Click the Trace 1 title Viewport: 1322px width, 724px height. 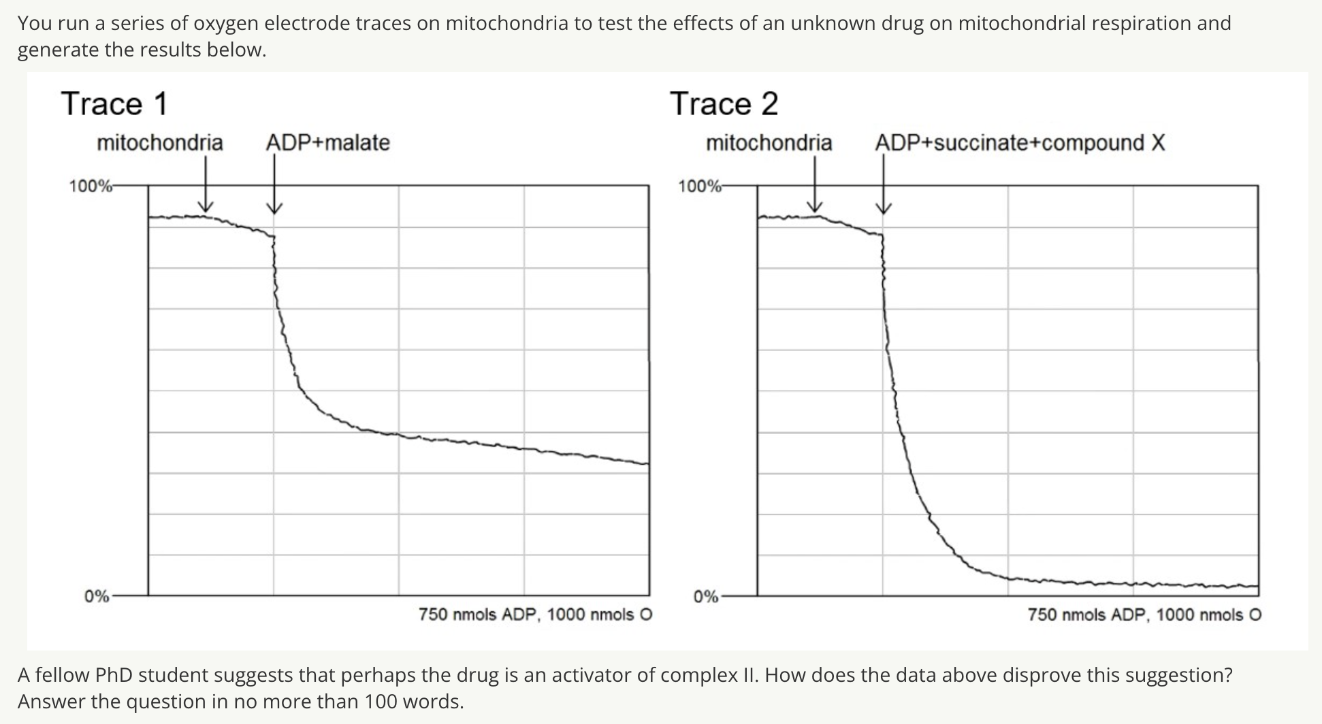[x=114, y=104]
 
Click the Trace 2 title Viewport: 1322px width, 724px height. [x=724, y=104]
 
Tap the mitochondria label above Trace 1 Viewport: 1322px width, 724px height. [x=159, y=143]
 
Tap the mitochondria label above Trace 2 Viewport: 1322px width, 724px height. [x=769, y=143]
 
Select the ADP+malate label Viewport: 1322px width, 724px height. [x=327, y=143]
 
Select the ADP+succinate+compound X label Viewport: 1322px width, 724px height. [x=1020, y=143]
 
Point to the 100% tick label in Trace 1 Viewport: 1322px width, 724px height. [x=90, y=186]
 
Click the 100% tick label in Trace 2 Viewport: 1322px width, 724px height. [x=699, y=186]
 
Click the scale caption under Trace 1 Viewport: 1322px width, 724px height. [x=535, y=615]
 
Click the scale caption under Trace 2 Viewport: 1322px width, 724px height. [x=1144, y=615]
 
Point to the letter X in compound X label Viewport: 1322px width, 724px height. [x=1158, y=143]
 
